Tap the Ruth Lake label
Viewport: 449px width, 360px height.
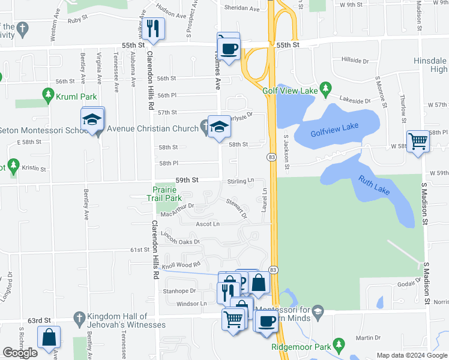point(375,185)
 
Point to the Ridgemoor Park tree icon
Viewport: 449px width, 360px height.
point(340,344)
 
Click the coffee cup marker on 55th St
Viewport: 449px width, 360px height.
point(229,48)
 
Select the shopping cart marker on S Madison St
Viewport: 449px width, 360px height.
point(418,142)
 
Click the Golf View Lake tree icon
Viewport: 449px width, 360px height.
point(325,89)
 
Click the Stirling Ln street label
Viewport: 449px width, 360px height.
point(241,181)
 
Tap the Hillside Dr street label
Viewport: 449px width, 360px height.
point(355,61)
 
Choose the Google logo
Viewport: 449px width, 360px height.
point(20,353)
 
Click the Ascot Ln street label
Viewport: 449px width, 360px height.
point(208,224)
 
